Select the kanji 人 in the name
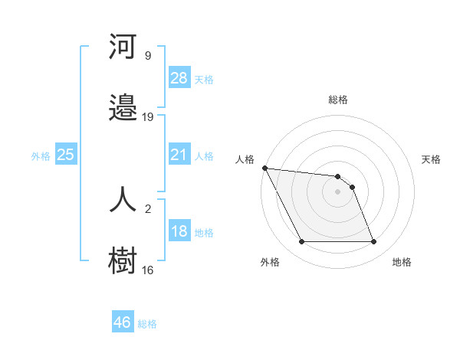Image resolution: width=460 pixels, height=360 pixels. tap(123, 198)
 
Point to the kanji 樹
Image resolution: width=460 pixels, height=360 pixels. tap(123, 260)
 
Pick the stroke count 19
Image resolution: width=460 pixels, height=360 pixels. tap(148, 116)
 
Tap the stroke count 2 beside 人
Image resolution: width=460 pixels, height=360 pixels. tap(148, 208)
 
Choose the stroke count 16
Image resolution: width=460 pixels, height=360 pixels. tap(148, 270)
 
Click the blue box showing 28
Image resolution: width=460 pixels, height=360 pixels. tap(179, 77)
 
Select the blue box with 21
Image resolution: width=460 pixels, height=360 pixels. tap(179, 155)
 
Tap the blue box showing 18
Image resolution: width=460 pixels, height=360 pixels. tap(179, 231)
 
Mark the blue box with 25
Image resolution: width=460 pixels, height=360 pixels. tap(66, 155)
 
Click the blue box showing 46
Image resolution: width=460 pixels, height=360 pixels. tap(123, 322)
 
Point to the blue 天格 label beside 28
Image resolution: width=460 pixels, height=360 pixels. tap(204, 79)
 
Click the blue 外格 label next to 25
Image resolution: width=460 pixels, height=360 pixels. tap(41, 155)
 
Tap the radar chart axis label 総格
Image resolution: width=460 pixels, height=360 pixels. tap(337, 100)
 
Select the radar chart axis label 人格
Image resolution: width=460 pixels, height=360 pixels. tap(245, 159)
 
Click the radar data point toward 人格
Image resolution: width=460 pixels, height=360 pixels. tap(264, 169)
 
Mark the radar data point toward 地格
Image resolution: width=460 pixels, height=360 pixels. tap(373, 242)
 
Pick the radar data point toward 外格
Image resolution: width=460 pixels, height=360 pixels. tap(301, 242)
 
